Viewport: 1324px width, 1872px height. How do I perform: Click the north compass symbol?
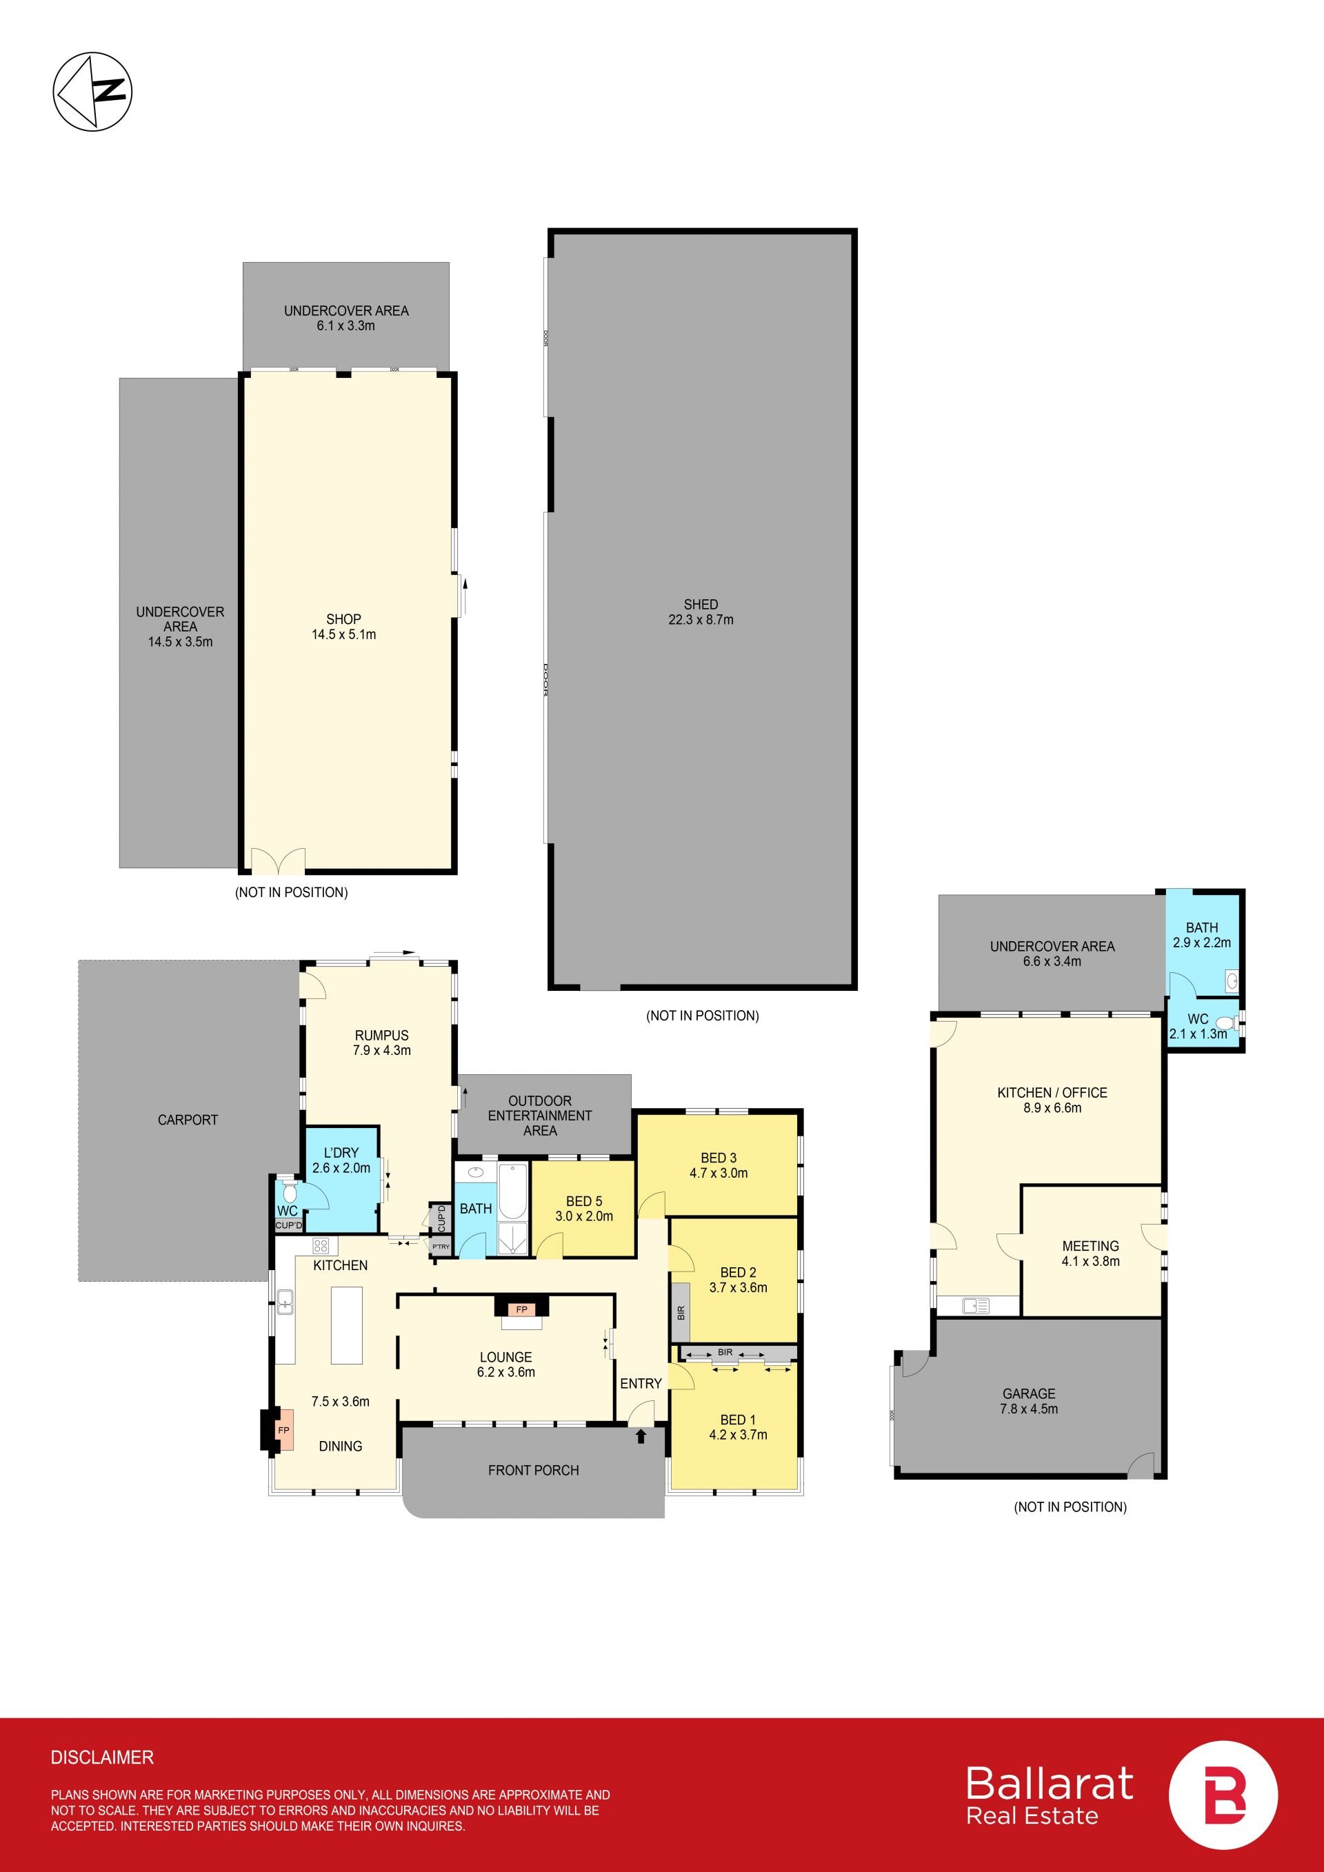[92, 90]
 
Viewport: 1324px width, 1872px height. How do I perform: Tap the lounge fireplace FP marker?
[522, 1309]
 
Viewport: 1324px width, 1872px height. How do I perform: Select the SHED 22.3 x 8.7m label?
[701, 612]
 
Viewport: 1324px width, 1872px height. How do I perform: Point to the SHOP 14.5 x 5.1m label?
[343, 626]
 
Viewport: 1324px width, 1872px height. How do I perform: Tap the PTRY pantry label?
[440, 1247]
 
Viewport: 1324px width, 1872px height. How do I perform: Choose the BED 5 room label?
[584, 1201]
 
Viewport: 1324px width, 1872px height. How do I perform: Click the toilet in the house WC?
[290, 1193]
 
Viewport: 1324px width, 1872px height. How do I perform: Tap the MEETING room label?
[1090, 1246]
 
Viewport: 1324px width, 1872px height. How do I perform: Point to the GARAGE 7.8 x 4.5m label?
[1029, 1401]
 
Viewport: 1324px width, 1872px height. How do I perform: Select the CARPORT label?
[188, 1120]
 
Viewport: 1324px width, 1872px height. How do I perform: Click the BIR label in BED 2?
[681, 1313]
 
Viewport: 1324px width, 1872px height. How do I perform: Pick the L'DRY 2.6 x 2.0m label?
[341, 1160]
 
